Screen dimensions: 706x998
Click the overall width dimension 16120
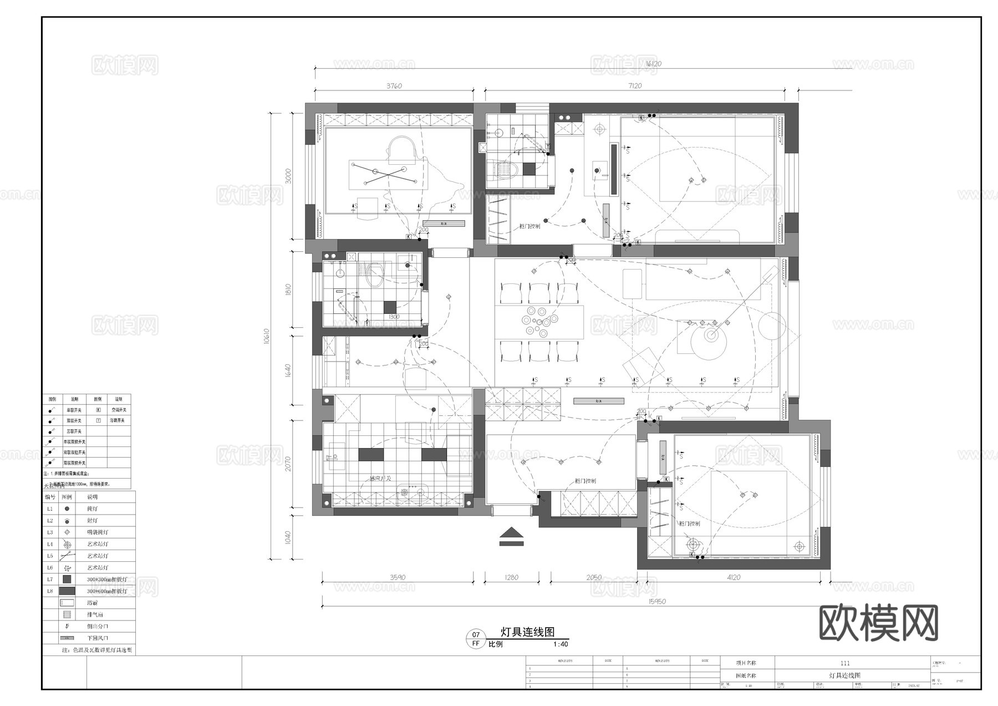653,64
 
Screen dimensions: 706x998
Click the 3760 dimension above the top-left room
394,86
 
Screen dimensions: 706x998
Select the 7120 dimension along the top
635,86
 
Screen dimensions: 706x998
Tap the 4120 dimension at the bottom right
733,577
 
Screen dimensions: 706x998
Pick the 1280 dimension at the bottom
511,577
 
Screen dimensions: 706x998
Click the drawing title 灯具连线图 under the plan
527,632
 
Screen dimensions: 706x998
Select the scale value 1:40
561,644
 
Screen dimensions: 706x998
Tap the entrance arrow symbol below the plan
511,536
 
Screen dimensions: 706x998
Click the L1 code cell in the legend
50,509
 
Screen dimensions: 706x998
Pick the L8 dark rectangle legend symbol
67,591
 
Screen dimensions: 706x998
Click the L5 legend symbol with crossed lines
67,556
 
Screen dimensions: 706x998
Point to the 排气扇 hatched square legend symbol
67,614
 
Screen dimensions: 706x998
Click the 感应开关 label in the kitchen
381,478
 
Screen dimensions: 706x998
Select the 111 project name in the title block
844,663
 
